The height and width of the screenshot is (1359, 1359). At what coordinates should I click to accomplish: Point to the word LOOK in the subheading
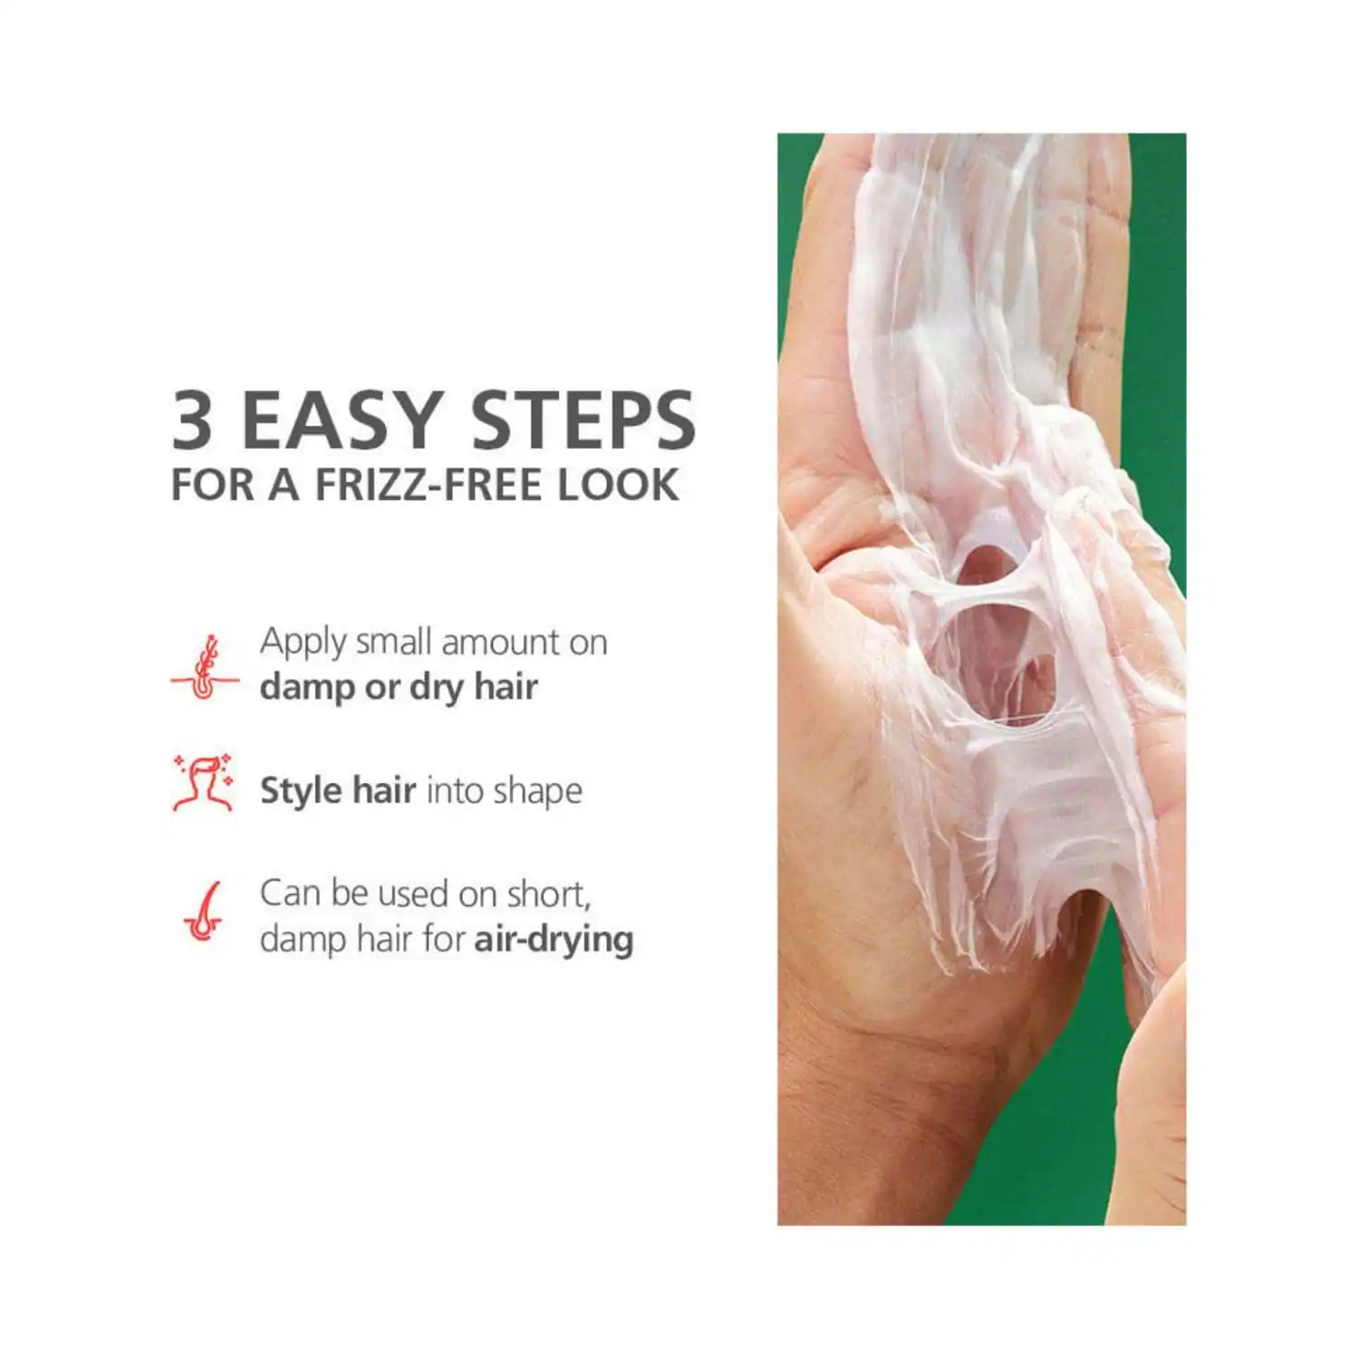tap(618, 485)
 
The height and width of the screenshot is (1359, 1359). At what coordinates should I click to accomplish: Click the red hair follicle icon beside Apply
tap(206, 667)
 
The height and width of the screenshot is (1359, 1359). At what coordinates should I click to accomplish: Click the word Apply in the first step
tap(303, 643)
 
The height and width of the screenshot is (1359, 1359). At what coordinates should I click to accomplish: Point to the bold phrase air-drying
tap(554, 940)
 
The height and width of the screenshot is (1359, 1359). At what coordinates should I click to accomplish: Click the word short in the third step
tap(548, 894)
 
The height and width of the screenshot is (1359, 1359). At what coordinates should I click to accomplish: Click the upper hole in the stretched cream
tap(982, 567)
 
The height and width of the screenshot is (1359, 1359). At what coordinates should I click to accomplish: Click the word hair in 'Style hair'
tap(384, 790)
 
